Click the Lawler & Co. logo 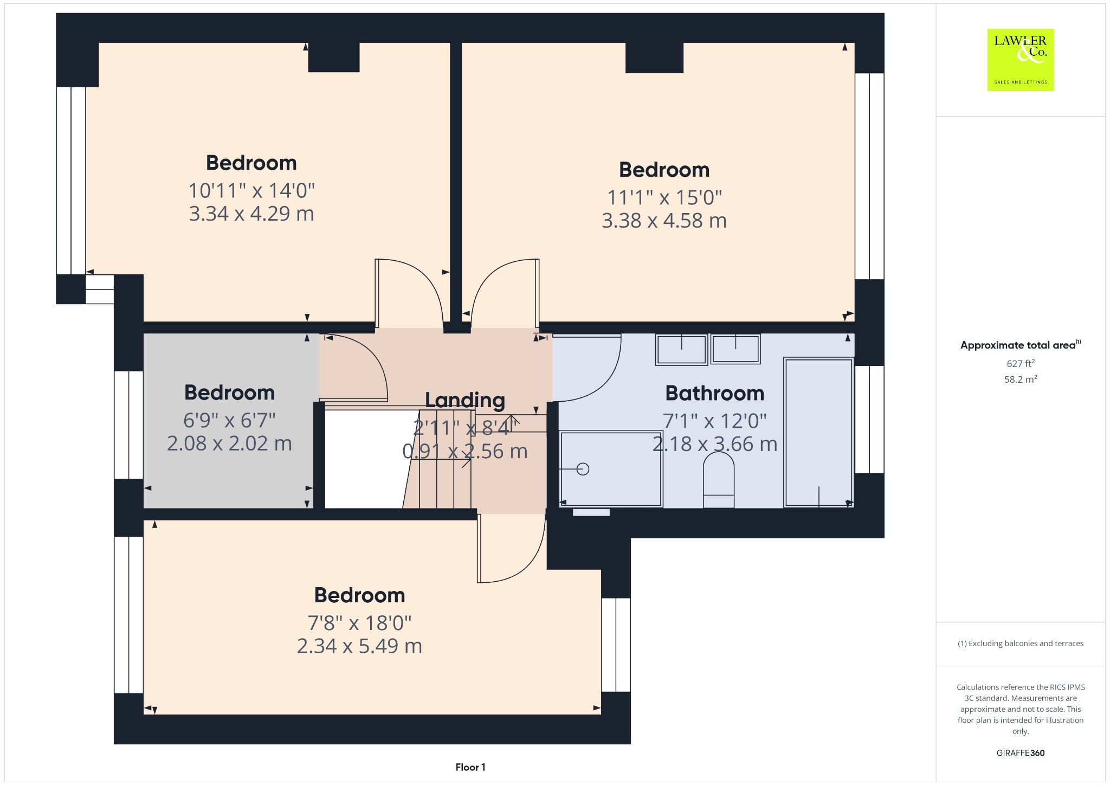pos(1020,60)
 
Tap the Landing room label pos(465,400)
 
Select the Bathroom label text pos(714,393)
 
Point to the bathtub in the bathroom pos(818,432)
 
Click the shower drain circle pos(583,469)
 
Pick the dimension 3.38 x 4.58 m pos(664,221)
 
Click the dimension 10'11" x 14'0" pos(251,191)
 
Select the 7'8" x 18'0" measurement pos(359,623)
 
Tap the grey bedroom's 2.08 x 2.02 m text pos(229,443)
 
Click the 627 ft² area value pos(1020,364)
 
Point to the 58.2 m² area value pos(1020,379)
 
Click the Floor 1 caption pos(470,767)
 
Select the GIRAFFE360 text pos(1020,753)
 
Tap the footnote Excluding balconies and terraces pos(1020,644)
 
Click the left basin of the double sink pos(681,350)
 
